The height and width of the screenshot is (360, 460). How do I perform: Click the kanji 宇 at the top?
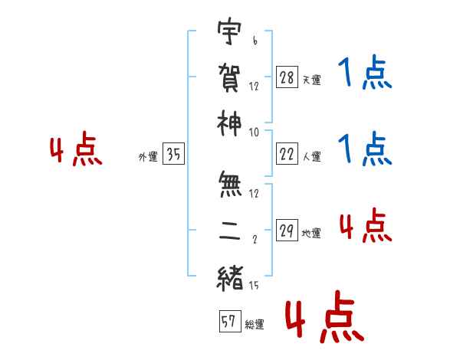(x=229, y=31)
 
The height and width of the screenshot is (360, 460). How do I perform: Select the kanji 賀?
(x=229, y=78)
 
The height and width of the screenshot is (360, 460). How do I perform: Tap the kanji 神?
(x=229, y=124)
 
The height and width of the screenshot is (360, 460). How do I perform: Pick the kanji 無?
(x=230, y=185)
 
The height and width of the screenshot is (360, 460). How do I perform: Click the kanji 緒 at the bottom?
(x=230, y=278)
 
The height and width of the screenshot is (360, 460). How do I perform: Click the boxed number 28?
(x=287, y=77)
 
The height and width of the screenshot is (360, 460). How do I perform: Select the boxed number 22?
(x=287, y=154)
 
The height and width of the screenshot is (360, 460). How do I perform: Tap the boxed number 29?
(x=287, y=230)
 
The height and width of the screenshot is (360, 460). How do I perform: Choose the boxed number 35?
(x=173, y=154)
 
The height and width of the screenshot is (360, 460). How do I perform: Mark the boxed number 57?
(x=230, y=321)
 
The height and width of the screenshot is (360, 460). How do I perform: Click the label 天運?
(x=312, y=80)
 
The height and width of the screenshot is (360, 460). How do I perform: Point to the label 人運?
(x=312, y=156)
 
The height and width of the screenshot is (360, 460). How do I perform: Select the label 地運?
(x=311, y=234)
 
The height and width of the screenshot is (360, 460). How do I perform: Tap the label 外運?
(x=148, y=157)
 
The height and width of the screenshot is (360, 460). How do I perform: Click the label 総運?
(x=255, y=325)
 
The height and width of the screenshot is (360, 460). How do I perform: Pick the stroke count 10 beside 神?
(x=254, y=133)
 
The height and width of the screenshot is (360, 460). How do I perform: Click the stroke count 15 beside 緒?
(x=254, y=285)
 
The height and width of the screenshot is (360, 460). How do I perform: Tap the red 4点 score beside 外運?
(x=76, y=149)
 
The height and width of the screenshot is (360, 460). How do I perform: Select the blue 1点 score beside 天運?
(x=365, y=72)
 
